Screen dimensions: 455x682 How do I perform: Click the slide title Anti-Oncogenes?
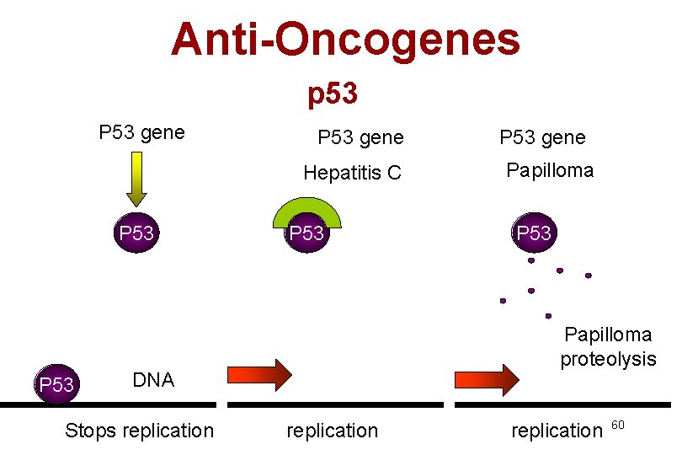click(x=345, y=40)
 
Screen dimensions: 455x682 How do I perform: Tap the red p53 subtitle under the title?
click(x=333, y=94)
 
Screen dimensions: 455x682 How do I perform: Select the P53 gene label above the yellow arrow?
click(x=141, y=132)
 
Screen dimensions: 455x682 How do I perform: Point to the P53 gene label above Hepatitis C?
click(x=360, y=137)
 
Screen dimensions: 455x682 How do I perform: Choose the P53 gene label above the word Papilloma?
click(x=542, y=137)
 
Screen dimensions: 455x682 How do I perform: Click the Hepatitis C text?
click(x=353, y=174)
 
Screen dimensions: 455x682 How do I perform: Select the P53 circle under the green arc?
click(x=307, y=233)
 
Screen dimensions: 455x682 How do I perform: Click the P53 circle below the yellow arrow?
click(x=136, y=233)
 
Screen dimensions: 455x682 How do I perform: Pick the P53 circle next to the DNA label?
click(x=56, y=385)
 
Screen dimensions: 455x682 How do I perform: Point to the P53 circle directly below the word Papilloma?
click(x=534, y=233)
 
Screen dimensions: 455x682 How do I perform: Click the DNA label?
click(x=153, y=380)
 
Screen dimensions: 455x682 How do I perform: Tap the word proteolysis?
click(x=608, y=359)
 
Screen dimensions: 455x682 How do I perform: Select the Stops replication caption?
click(x=139, y=431)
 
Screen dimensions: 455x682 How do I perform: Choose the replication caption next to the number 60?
click(x=557, y=431)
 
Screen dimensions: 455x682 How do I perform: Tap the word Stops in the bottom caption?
click(x=91, y=431)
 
